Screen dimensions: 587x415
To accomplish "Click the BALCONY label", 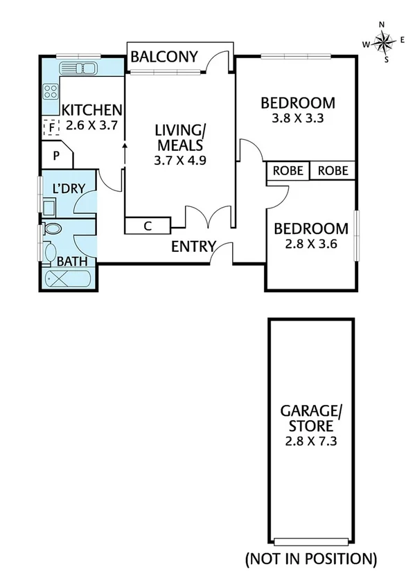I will coord(165,57).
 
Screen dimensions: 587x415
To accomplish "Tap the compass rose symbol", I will coord(382,43).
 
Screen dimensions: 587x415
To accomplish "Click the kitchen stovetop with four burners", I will coord(51,91).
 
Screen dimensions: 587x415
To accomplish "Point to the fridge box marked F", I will coord(50,127).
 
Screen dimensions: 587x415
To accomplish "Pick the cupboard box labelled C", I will coord(147,226).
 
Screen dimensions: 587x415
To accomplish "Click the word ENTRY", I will coord(193,247).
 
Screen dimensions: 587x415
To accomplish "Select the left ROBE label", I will coord(288,171).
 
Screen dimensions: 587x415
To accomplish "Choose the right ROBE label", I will coord(333,171).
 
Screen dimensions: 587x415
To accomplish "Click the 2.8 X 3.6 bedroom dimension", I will coord(311,244).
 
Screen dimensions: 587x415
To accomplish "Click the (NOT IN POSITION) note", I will coord(311,558).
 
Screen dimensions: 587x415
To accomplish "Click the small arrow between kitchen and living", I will coord(125,146).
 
